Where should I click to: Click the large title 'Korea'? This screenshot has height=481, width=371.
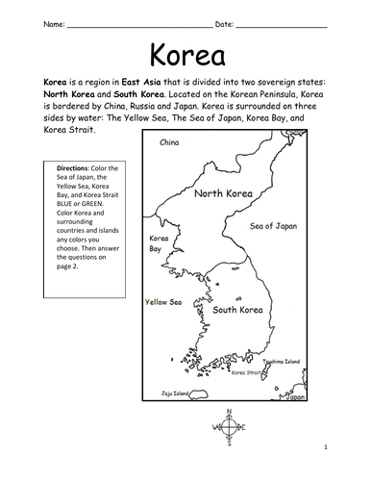tap(185, 54)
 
